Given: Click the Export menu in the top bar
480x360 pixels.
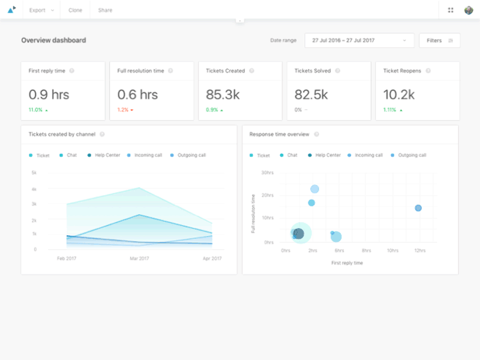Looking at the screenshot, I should tap(41, 10).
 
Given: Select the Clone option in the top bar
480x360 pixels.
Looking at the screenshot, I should tap(75, 10).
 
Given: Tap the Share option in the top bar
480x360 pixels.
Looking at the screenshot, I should tap(105, 10).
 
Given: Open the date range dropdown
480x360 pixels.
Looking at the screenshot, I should tap(359, 40).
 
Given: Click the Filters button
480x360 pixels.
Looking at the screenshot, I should tap(439, 40).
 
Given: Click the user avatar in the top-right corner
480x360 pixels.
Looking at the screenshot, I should tap(468, 10).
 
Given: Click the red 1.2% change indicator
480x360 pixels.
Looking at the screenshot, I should tap(125, 110).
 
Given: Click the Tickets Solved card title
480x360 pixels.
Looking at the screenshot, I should tap(312, 71).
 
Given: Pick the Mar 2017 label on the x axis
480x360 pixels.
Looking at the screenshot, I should tap(139, 259).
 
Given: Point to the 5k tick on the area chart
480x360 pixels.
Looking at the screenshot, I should tap(34, 173).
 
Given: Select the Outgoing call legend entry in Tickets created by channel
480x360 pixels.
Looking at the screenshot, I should tap(192, 155).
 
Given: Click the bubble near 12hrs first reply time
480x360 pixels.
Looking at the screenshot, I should tap(418, 208).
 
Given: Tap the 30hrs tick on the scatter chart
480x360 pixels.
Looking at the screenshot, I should tap(268, 173).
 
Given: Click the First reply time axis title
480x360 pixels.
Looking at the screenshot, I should tap(347, 263).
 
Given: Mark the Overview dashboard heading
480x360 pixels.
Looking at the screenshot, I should tap(53, 40).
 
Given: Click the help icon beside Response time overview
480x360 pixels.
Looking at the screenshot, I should tap(316, 134).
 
